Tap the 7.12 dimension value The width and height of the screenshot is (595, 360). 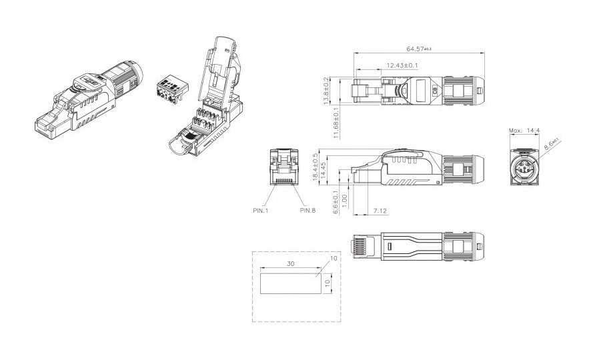click(381, 211)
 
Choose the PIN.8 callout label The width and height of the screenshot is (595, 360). click(308, 211)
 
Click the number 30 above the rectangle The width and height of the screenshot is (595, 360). click(291, 263)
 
